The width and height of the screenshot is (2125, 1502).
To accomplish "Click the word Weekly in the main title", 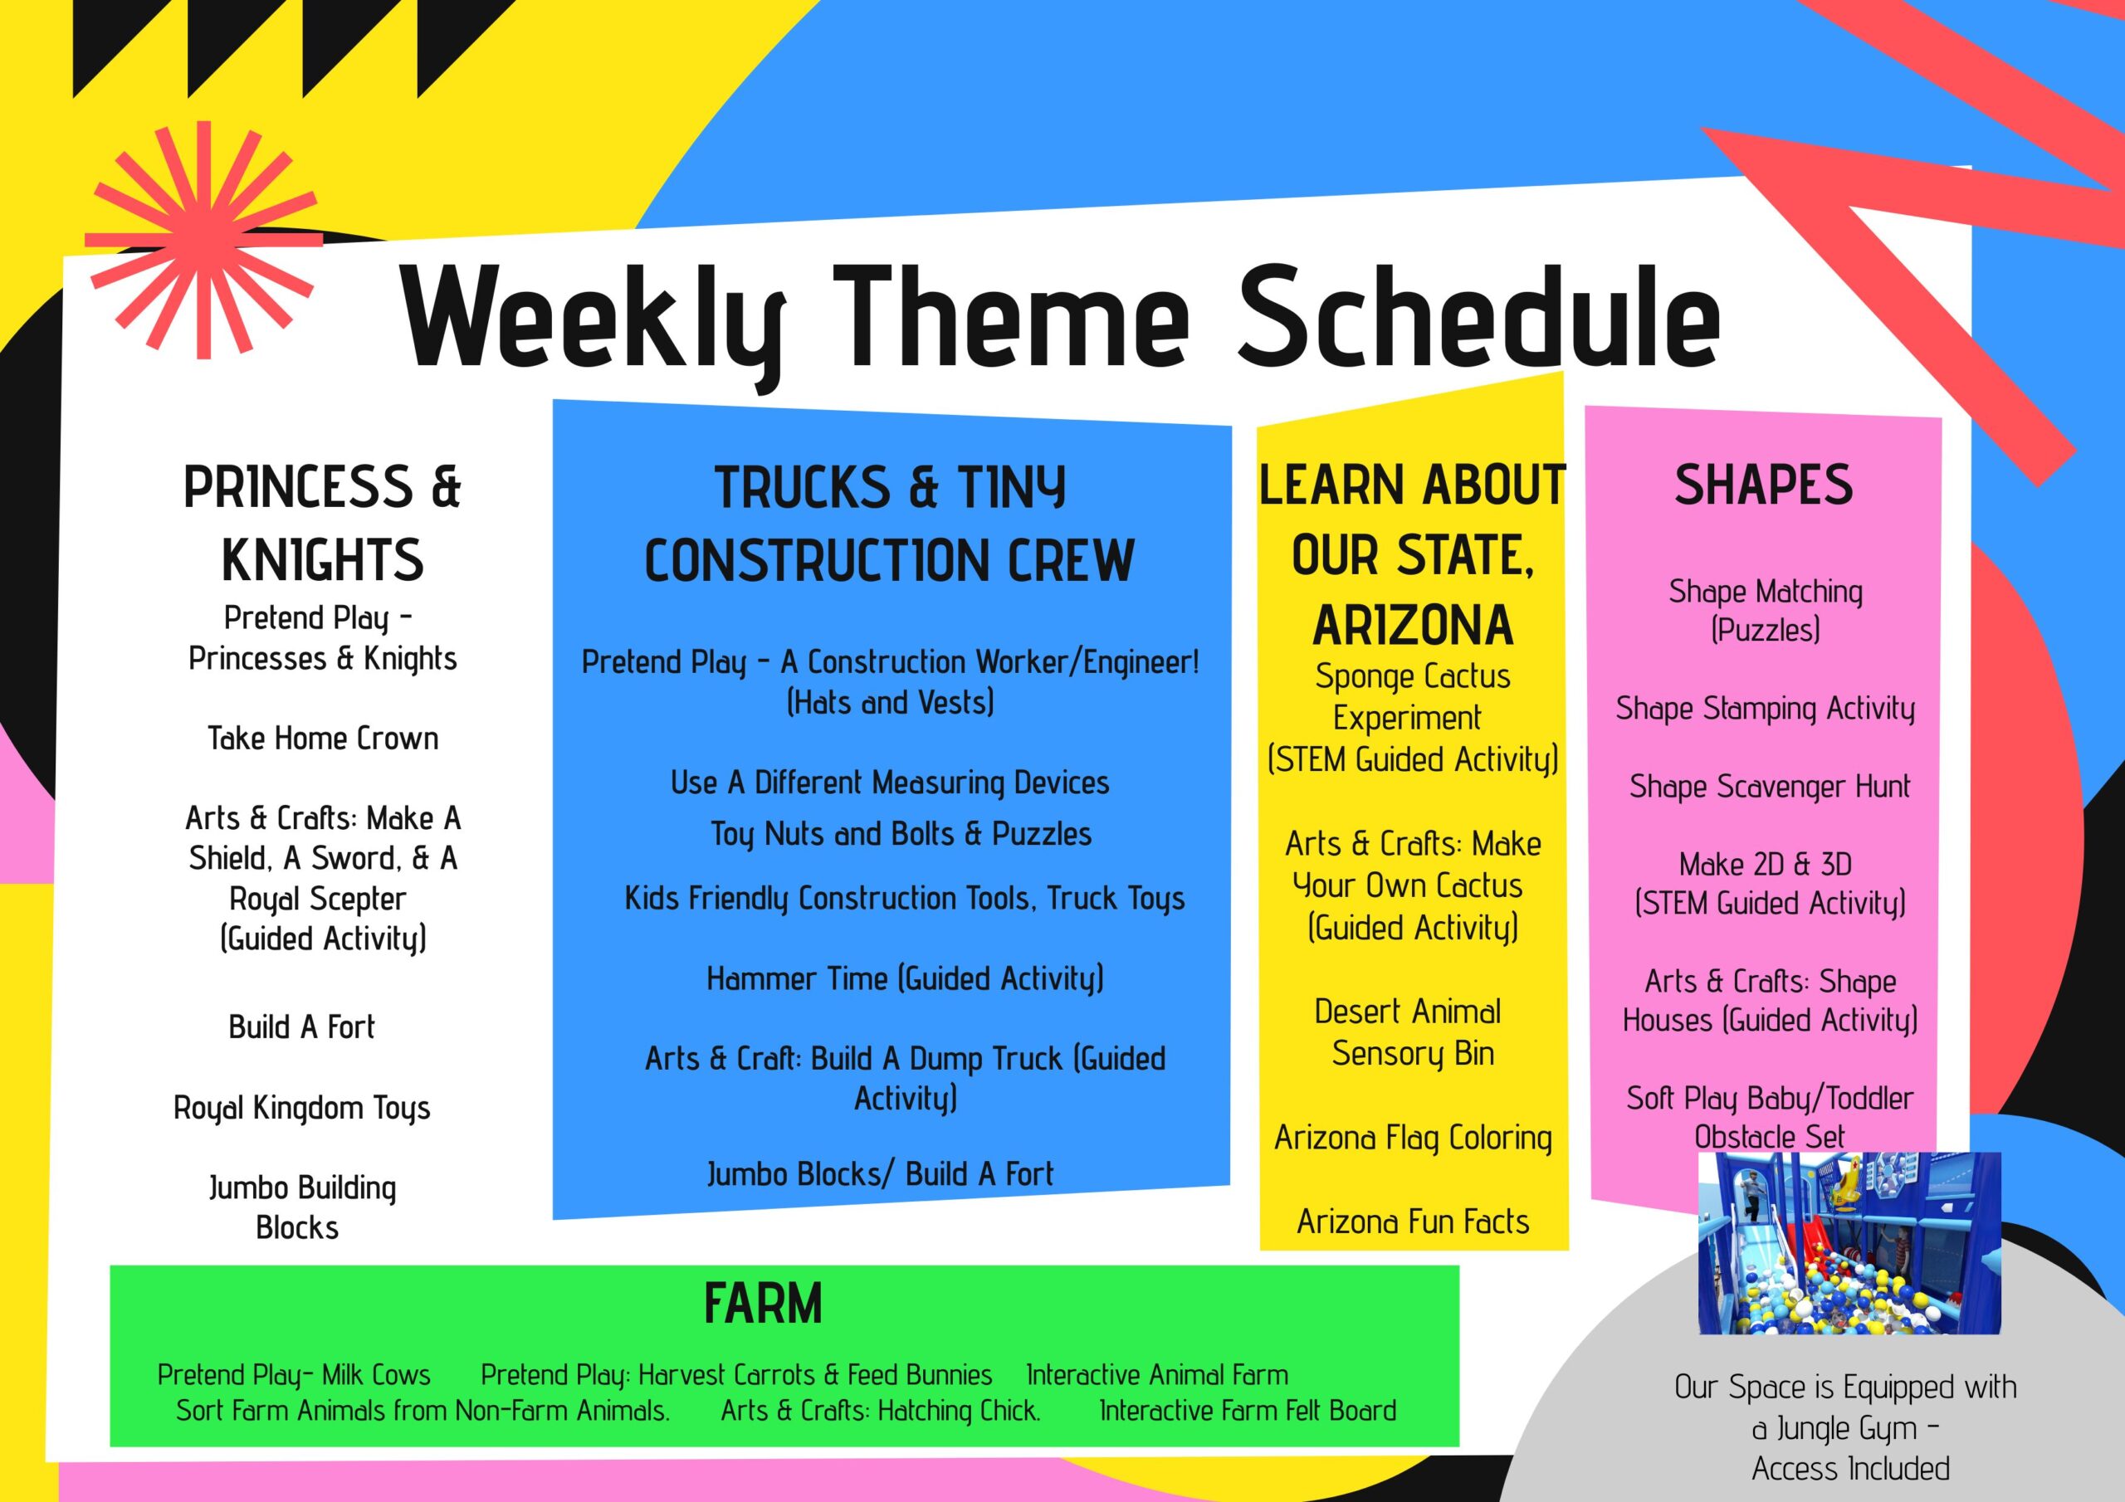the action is pyautogui.click(x=594, y=320).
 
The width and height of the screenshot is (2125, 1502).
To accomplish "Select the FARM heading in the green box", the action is pyautogui.click(x=763, y=1304).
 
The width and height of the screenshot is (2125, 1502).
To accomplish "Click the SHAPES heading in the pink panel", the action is pyautogui.click(x=1763, y=485).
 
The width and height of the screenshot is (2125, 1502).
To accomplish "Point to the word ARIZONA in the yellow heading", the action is pyautogui.click(x=1412, y=625).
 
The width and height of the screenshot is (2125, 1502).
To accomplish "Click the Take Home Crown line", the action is pyautogui.click(x=323, y=738).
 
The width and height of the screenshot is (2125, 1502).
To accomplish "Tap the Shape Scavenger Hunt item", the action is pyautogui.click(x=1770, y=787).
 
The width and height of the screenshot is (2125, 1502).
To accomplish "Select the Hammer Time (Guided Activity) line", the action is pyautogui.click(x=905, y=979).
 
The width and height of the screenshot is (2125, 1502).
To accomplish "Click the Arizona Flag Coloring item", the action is pyautogui.click(x=1412, y=1139).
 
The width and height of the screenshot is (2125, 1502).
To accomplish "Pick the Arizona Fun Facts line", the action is pyautogui.click(x=1412, y=1222).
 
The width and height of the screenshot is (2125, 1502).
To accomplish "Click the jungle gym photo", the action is pyautogui.click(x=1849, y=1242).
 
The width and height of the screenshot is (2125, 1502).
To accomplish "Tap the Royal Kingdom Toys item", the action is pyautogui.click(x=301, y=1108).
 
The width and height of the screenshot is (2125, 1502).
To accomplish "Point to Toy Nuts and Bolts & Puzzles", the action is pyautogui.click(x=901, y=834).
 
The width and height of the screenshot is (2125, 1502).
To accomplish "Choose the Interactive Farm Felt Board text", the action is pyautogui.click(x=1248, y=1411).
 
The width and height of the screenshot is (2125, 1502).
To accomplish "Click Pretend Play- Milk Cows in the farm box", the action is pyautogui.click(x=293, y=1375).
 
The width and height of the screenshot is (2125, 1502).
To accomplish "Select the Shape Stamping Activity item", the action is pyautogui.click(x=1765, y=709).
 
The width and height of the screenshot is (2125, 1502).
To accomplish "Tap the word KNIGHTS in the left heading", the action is pyautogui.click(x=322, y=560).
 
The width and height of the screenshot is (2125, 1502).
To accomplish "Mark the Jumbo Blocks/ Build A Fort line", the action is pyautogui.click(x=880, y=1174).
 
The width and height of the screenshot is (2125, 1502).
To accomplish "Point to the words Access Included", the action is pyautogui.click(x=1850, y=1469).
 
